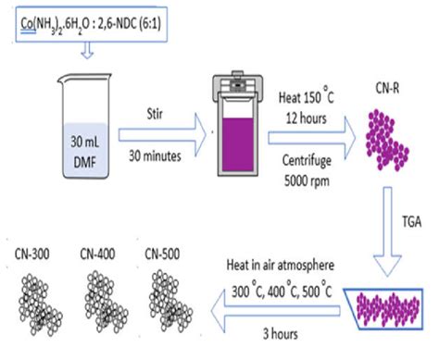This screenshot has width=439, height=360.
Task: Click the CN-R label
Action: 387,88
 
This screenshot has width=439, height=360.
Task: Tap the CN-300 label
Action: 32,254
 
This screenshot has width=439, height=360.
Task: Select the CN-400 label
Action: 97,254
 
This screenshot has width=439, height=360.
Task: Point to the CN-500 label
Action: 162,254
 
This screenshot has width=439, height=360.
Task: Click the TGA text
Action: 412,222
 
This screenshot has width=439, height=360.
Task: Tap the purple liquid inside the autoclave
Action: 238,144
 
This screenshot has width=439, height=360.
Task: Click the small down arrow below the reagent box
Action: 87,50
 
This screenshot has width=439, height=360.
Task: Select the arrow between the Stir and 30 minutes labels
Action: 163,135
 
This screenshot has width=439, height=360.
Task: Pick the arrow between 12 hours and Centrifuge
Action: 312,138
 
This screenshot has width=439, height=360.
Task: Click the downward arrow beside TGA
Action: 387,231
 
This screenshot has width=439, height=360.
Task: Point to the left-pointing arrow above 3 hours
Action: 276,311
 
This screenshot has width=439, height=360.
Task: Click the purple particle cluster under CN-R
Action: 387,140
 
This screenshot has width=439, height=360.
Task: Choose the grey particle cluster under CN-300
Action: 41,304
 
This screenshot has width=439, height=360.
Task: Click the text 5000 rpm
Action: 307,180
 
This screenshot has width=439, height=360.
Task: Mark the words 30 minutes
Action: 155,155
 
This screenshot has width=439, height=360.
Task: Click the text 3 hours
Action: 281,334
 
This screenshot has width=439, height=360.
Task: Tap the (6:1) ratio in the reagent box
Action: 150,23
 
